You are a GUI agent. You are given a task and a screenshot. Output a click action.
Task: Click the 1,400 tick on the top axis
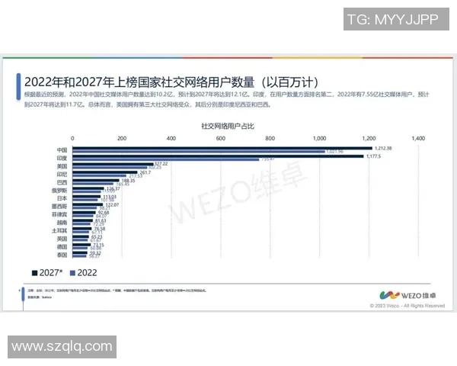coord(417,139)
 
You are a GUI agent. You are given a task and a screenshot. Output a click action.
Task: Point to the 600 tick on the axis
coord(220,139)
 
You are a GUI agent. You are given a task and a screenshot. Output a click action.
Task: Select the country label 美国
coord(62,165)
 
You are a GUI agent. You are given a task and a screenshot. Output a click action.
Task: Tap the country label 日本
coord(62,198)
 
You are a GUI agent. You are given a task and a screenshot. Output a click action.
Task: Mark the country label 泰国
coord(62,256)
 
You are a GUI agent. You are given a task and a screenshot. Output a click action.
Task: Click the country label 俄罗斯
coord(61,190)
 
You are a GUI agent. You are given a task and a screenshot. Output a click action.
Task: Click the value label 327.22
coord(161,164)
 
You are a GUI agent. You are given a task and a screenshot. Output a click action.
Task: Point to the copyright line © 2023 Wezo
coord(407,305)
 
